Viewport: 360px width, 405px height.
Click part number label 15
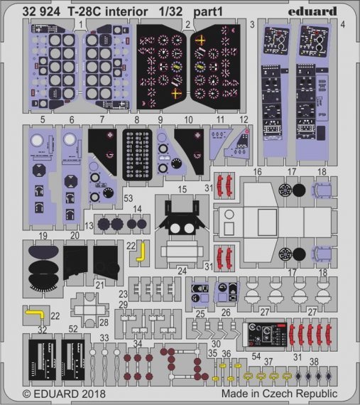[x=182, y=189]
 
